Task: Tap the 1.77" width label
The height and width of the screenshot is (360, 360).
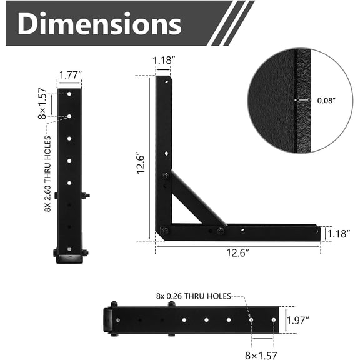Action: click(69, 75)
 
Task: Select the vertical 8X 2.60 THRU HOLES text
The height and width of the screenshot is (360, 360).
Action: click(47, 174)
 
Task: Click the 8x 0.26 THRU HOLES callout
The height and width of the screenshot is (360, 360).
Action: click(194, 296)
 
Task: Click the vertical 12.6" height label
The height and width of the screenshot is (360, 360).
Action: click(141, 164)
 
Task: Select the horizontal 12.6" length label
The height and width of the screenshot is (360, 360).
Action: click(237, 253)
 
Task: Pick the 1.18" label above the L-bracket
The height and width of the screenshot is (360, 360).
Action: click(164, 61)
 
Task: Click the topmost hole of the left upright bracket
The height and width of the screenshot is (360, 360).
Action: click(69, 94)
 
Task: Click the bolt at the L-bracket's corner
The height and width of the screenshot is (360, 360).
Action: click(164, 232)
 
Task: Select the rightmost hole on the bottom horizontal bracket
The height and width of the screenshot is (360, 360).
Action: click(273, 320)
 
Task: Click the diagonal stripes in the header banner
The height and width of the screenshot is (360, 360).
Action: click(231, 23)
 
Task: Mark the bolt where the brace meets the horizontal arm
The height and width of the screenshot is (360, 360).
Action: click(221, 232)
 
